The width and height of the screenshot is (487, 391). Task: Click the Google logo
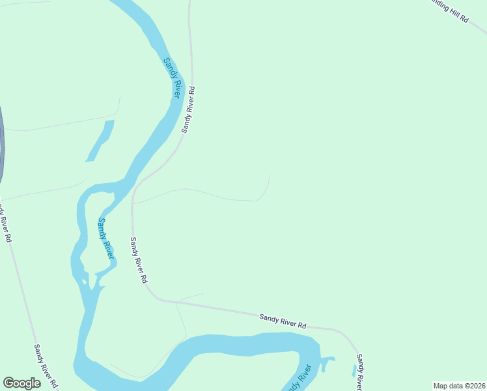(22, 383)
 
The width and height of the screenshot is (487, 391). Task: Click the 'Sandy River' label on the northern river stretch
(172, 78)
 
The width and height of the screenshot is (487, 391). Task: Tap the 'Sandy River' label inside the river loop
(105, 239)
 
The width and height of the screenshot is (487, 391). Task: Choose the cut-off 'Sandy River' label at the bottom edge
(299, 379)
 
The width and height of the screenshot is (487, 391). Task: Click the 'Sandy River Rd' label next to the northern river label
(188, 109)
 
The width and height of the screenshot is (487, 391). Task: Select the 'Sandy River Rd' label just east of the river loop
(138, 259)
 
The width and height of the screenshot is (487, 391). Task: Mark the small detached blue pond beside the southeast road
(355, 371)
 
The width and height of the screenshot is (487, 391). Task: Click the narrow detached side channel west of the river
(100, 140)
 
